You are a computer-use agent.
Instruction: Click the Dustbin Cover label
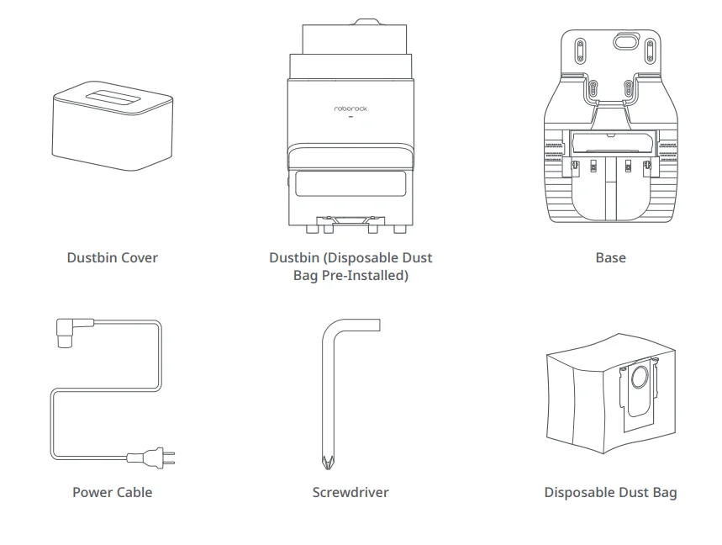112,258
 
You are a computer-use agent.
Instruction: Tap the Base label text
610,258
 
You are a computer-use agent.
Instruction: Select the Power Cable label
112,492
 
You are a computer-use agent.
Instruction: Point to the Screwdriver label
350,492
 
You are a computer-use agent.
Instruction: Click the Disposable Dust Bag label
610,492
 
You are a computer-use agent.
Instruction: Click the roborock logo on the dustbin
350,108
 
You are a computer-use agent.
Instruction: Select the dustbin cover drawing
112,126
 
